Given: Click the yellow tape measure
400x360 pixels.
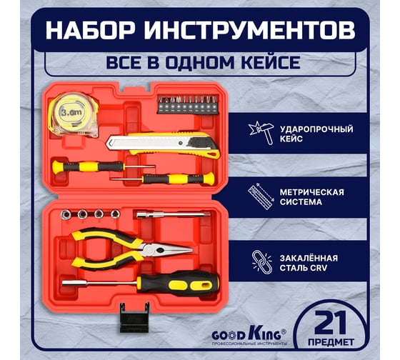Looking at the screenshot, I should [74, 113].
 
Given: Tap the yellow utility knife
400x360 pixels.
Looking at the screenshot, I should [164, 144].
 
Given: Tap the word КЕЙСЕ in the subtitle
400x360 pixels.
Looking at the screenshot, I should [268, 62].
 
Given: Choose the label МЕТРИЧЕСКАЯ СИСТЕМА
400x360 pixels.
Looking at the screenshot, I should [311, 196].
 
